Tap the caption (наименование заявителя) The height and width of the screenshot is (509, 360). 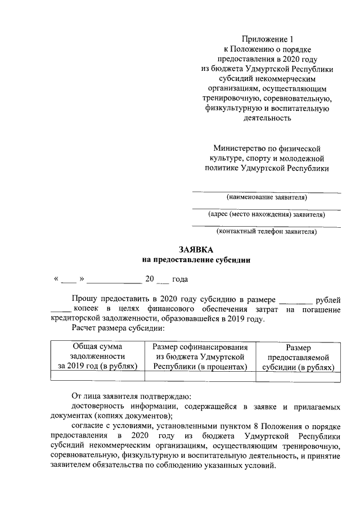(267, 197)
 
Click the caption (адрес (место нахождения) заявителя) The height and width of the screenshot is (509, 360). (267, 214)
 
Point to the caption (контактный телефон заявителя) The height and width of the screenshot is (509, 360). (267, 231)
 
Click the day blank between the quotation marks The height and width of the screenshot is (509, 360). (68, 280)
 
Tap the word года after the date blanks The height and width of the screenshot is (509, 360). (180, 280)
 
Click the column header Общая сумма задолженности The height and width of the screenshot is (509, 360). (97, 357)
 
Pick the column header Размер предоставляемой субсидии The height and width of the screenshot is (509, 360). (298, 358)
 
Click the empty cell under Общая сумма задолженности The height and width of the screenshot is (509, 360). (97, 377)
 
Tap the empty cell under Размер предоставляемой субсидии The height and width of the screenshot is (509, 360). (298, 377)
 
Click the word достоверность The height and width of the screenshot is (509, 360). (99, 406)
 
